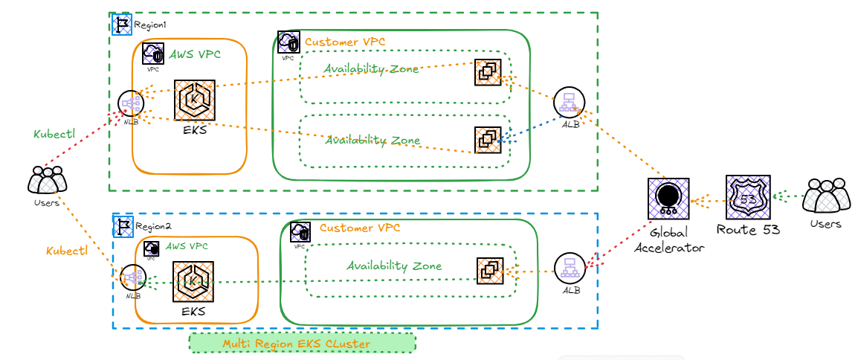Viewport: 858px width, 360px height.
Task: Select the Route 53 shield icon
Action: [x=747, y=197]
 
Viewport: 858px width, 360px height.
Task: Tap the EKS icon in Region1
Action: [x=194, y=100]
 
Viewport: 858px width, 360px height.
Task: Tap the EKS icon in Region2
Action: [x=193, y=281]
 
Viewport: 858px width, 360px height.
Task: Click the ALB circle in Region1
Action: [x=569, y=103]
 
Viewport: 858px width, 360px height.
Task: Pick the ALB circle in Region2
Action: [x=570, y=269]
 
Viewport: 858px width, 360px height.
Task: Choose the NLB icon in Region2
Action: [x=132, y=278]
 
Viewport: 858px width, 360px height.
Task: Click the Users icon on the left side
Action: [x=47, y=181]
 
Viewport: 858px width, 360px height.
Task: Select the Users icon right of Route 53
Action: [x=826, y=196]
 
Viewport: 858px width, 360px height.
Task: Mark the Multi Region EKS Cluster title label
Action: [x=302, y=344]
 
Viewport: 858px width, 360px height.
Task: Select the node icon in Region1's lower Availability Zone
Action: [x=488, y=140]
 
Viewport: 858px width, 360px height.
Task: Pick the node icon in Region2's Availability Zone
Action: [x=489, y=271]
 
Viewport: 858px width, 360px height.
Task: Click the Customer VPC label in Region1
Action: [x=345, y=42]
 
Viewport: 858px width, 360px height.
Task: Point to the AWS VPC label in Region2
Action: [x=187, y=245]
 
